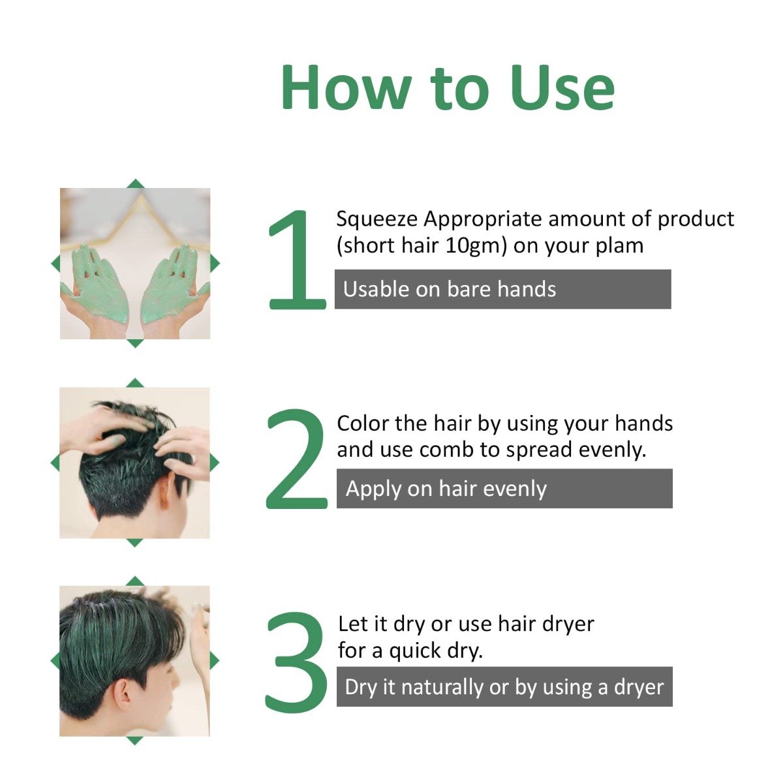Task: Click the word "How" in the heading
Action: point(346,88)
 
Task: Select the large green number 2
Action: point(297,459)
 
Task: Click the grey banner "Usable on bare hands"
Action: point(502,289)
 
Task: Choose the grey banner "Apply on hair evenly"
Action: point(504,489)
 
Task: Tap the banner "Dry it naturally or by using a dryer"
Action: point(504,687)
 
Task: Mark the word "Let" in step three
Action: point(353,624)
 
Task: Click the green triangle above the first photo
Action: point(135,183)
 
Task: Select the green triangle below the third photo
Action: point(134,741)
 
